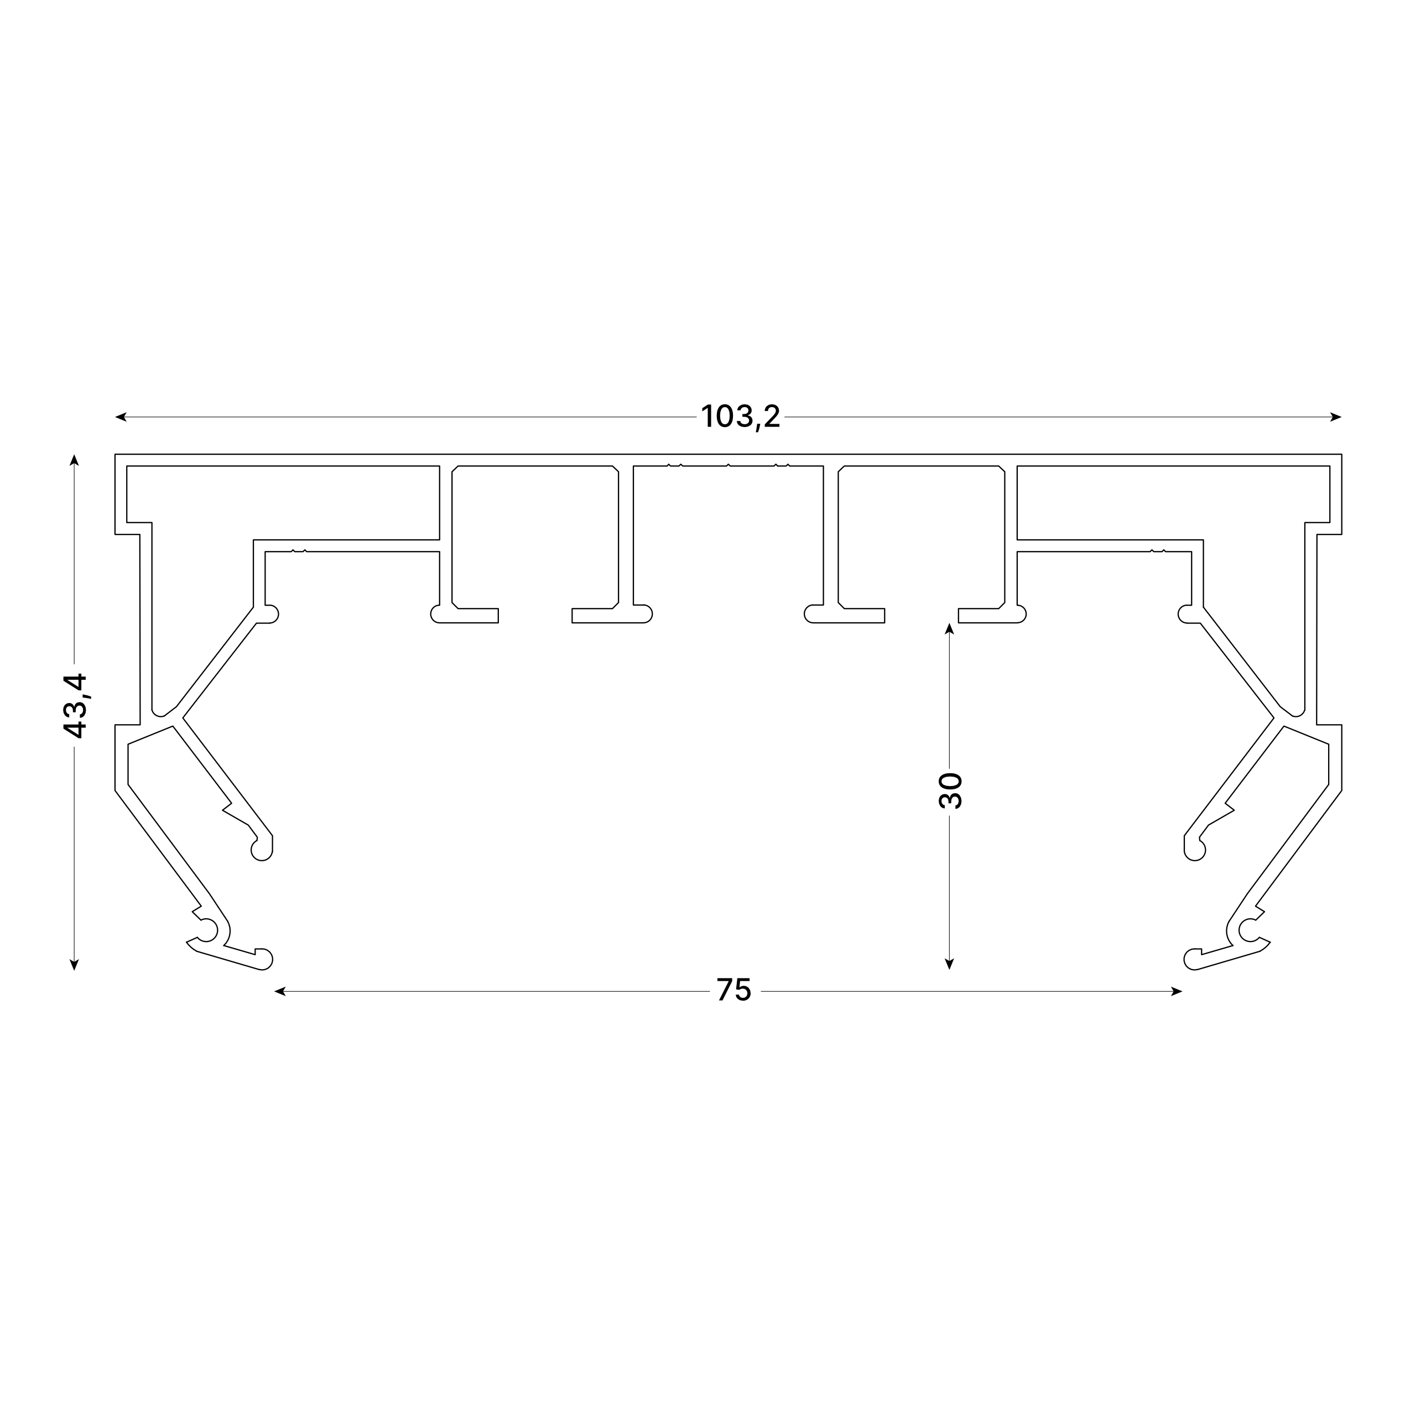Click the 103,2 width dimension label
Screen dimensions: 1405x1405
[740, 417]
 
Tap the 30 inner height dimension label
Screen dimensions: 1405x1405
[950, 791]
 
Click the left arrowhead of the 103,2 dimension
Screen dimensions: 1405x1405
[121, 417]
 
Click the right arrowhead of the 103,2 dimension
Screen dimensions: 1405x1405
[1336, 417]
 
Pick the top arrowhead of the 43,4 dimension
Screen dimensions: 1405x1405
[74, 460]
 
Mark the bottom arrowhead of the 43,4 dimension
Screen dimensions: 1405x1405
[74, 964]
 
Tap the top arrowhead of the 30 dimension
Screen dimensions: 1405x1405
[949, 628]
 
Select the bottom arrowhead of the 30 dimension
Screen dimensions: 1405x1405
[949, 964]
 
